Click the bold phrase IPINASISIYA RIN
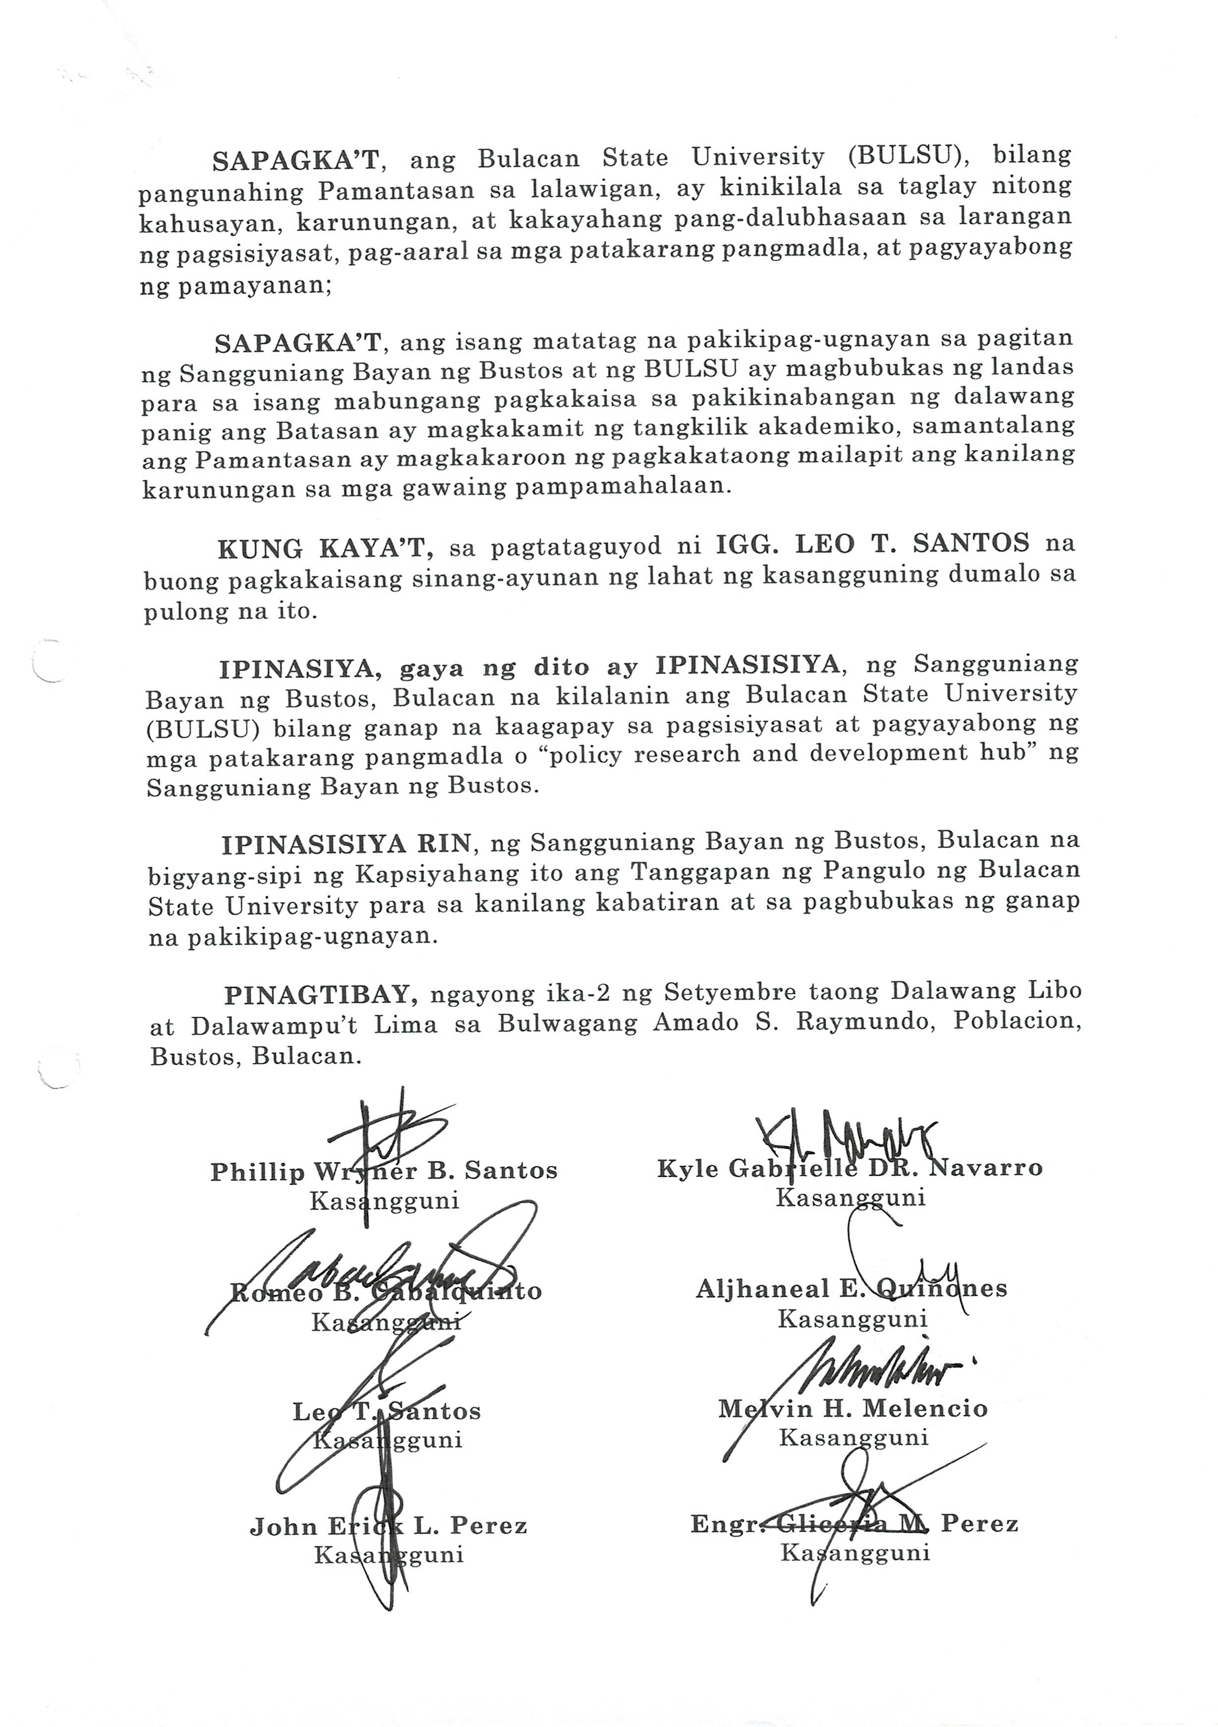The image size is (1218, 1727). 347,845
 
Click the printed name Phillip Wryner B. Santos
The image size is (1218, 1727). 384,1172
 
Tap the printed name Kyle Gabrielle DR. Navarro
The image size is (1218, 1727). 849,1169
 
